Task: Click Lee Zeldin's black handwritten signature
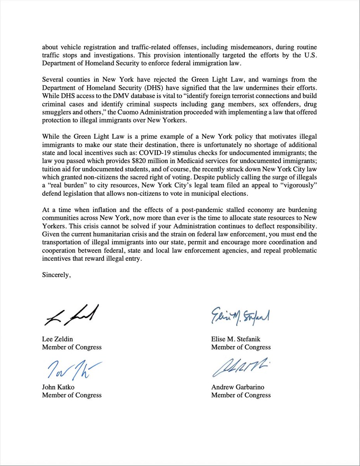(70, 315)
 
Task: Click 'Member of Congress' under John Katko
(72, 395)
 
